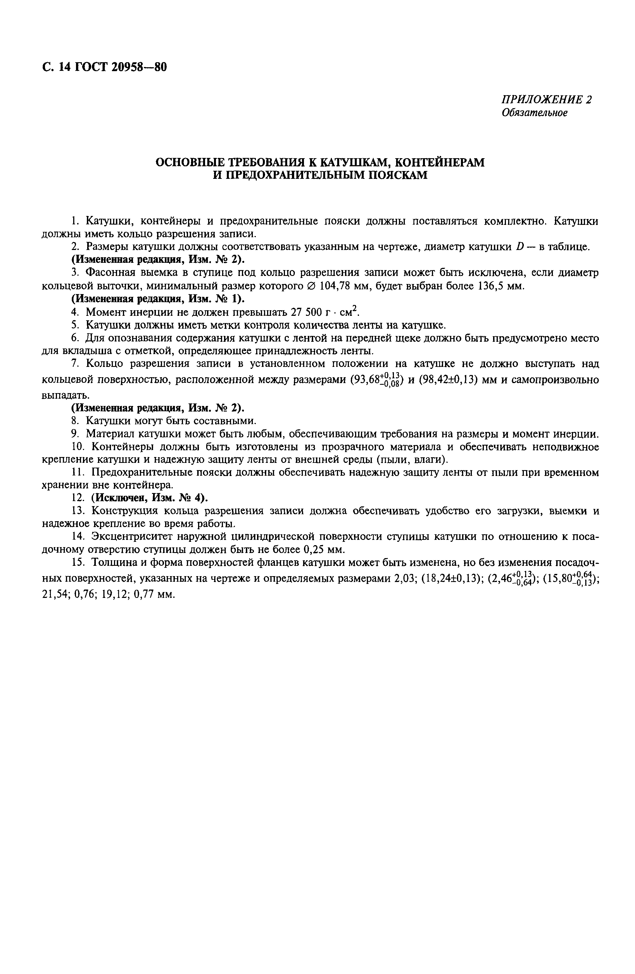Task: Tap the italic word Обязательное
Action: coord(535,113)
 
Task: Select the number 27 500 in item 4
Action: coord(307,312)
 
